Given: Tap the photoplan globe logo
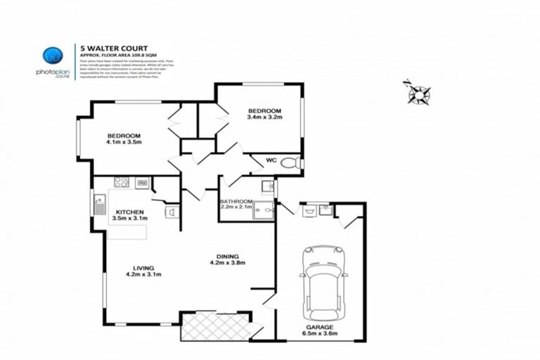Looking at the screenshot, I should tap(53, 56).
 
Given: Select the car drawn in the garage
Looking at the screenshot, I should tap(324, 281).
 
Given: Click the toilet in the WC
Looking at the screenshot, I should tap(290, 163).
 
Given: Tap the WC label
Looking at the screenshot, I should tap(271, 160).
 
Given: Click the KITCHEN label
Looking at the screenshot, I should tap(129, 212).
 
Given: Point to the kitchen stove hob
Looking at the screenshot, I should tap(122, 182).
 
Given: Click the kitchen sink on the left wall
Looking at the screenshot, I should tap(99, 205).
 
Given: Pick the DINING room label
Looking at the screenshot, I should tap(228, 257).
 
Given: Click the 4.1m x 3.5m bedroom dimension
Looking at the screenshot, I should tap(124, 143).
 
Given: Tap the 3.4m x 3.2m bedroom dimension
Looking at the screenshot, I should tap(264, 117).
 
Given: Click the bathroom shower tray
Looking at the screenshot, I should tap(264, 210).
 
